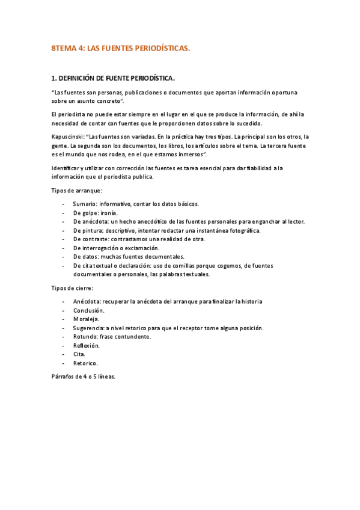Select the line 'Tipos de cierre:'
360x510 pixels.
pyautogui.click(x=73, y=288)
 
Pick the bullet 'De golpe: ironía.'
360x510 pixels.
pyautogui.click(x=96, y=213)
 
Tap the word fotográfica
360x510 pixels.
pyautogui.click(x=245, y=230)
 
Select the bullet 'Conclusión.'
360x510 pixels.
pyautogui.click(x=89, y=310)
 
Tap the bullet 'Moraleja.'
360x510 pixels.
pyautogui.click(x=86, y=319)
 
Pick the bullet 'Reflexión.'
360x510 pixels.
pyautogui.click(x=87, y=345)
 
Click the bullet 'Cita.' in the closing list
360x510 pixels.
pyautogui.click(x=79, y=354)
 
